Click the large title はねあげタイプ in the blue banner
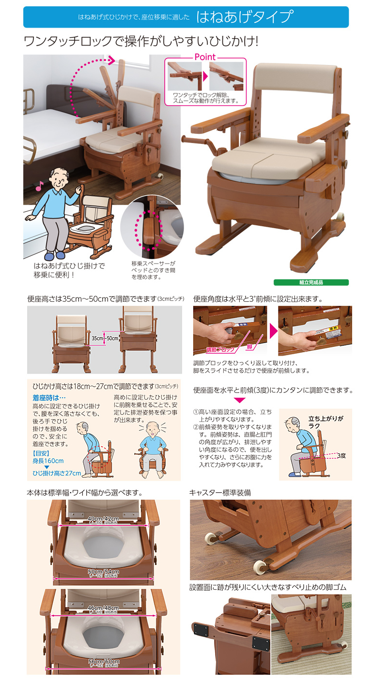click(245, 17)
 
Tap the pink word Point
click(205, 57)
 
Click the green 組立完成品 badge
click(311, 282)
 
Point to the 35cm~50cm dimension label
click(105, 338)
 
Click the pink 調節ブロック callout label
click(220, 349)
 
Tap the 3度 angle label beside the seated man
click(341, 455)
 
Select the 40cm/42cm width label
click(103, 519)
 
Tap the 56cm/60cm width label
click(103, 662)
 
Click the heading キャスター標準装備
click(220, 493)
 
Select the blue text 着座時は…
click(49, 397)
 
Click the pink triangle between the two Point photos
click(205, 77)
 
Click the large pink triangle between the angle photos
click(273, 331)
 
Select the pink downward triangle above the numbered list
click(240, 400)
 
